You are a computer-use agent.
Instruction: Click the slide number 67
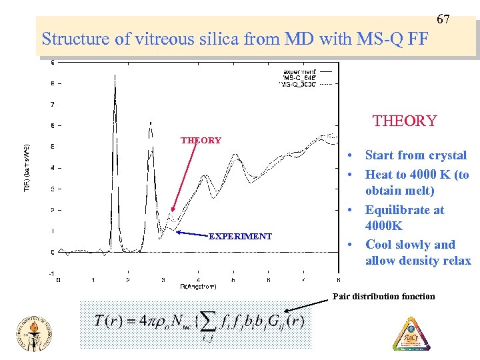click(443, 19)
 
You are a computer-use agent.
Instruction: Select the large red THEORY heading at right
click(404, 121)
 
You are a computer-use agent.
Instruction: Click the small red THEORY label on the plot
click(201, 140)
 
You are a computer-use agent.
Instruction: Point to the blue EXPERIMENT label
click(240, 236)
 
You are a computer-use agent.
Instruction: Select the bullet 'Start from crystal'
click(415, 155)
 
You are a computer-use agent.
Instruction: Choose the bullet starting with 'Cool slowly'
click(410, 244)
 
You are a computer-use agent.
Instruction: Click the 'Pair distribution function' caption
click(383, 296)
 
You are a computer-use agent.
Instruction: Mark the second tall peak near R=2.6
click(151, 123)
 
